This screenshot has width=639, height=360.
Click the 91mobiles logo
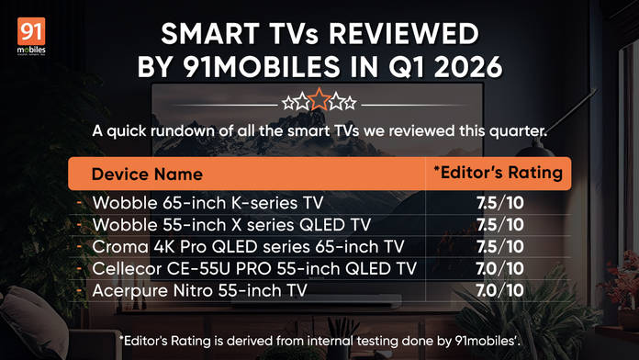(x=31, y=36)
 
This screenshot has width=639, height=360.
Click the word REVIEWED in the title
(x=403, y=33)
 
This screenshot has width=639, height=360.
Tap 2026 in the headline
(x=468, y=67)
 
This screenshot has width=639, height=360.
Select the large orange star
(x=319, y=99)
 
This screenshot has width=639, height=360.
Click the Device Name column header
(x=147, y=174)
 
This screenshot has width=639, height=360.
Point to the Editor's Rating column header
(x=498, y=173)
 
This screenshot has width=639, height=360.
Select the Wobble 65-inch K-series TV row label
(x=207, y=203)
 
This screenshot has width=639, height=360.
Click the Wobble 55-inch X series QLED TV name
(x=231, y=225)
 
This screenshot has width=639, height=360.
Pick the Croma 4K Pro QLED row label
(x=248, y=247)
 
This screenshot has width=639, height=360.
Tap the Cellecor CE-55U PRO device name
(x=254, y=269)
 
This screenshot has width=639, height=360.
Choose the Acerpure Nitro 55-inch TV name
(x=200, y=291)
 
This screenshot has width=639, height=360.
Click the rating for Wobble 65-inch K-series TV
(x=500, y=203)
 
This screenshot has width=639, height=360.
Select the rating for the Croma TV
(x=500, y=247)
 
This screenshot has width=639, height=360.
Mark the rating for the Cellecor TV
(x=499, y=269)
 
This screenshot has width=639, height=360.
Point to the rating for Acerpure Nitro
(x=499, y=291)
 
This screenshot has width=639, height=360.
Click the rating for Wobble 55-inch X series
(x=500, y=225)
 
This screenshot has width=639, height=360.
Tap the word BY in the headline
(x=154, y=67)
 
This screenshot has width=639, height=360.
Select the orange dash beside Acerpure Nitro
(x=80, y=291)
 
